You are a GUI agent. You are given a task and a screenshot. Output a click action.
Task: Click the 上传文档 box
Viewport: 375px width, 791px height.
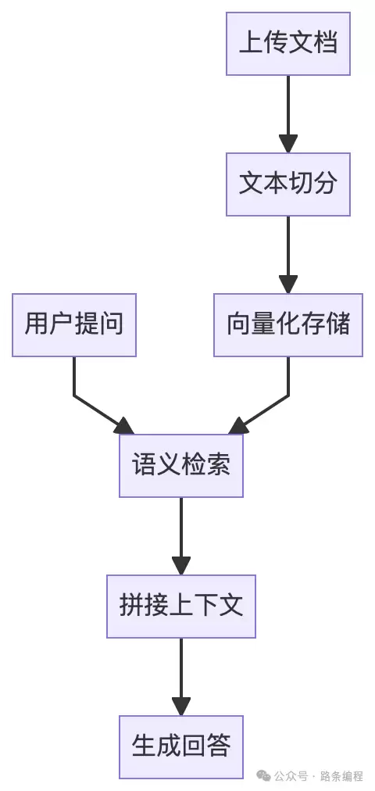[x=288, y=44]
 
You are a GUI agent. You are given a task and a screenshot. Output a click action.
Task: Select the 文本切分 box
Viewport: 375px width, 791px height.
[x=288, y=184]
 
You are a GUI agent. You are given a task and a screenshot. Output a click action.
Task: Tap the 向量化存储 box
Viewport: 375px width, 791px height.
[x=288, y=325]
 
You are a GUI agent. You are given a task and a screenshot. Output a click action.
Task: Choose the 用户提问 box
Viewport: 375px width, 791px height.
[x=74, y=325]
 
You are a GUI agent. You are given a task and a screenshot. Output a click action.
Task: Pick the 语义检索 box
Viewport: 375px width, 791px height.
[x=181, y=466]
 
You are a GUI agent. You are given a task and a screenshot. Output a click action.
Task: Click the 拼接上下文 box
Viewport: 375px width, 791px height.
[x=181, y=607]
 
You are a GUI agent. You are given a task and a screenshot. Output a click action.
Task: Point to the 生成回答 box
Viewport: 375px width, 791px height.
[x=181, y=747]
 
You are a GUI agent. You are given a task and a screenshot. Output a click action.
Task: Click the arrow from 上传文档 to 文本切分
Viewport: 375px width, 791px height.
[x=288, y=109]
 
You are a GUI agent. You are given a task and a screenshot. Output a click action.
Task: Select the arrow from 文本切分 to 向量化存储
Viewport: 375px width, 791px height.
[x=288, y=250]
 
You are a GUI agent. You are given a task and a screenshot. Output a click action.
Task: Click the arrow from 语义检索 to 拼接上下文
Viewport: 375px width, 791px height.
[x=181, y=532]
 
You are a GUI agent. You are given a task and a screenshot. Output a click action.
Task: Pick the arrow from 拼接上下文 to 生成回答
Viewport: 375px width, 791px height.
[x=181, y=672]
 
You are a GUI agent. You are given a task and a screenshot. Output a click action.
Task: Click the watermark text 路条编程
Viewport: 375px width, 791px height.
[x=342, y=776]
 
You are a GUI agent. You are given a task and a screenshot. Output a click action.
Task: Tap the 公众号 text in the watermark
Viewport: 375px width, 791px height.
[x=290, y=776]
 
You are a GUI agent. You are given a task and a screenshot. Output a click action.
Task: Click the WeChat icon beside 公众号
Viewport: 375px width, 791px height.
[x=264, y=776]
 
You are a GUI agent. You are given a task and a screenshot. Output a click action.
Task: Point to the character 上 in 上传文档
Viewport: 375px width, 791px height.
[x=251, y=44]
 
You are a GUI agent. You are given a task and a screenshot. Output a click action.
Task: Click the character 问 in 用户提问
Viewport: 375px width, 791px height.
[x=112, y=325]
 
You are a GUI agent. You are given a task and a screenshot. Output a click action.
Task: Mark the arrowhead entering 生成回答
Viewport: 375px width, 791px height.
[x=181, y=706]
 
